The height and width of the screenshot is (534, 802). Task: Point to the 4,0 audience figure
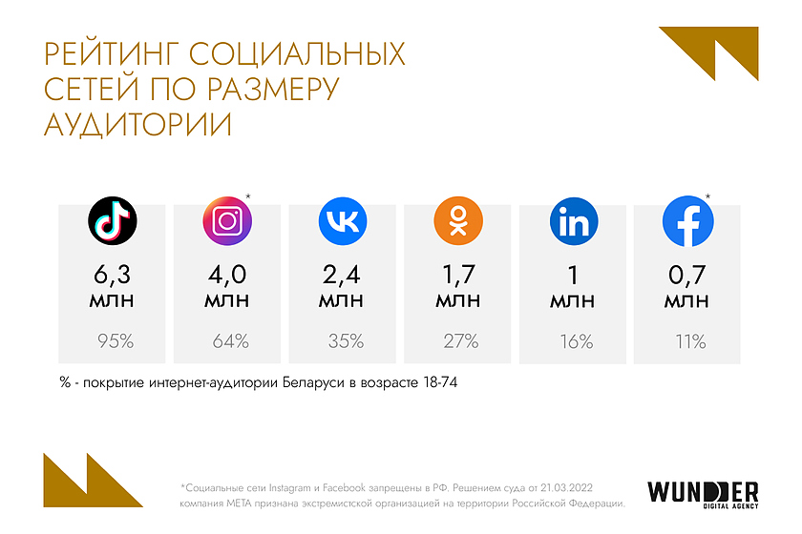(x=227, y=276)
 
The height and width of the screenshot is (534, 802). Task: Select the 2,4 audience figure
(x=343, y=276)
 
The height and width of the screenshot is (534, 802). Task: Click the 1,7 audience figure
(x=458, y=276)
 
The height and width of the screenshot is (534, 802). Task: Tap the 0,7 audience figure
(x=687, y=276)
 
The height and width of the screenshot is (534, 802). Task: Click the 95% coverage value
(x=116, y=341)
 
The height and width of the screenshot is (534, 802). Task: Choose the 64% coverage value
(x=229, y=341)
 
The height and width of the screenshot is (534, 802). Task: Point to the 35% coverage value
(x=345, y=341)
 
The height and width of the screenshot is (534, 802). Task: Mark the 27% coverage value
(x=461, y=341)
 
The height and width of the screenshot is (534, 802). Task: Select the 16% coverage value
(x=576, y=341)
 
